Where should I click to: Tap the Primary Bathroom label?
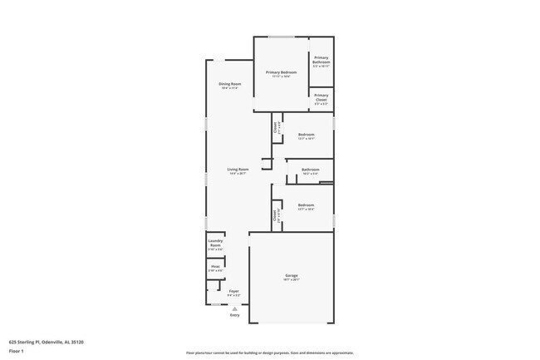pyautogui.click(x=322, y=60)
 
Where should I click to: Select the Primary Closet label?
pyautogui.click(x=322, y=96)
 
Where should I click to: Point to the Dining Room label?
pyautogui.click(x=230, y=84)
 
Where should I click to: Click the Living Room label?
pyautogui.click(x=238, y=170)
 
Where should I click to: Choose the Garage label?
pyautogui.click(x=291, y=275)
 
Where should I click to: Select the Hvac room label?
pyautogui.click(x=215, y=266)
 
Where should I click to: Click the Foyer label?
pyautogui.click(x=234, y=291)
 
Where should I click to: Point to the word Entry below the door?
pyautogui.click(x=234, y=315)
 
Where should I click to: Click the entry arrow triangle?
pyautogui.click(x=234, y=308)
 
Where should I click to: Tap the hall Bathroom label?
pyautogui.click(x=310, y=170)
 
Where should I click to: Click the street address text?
pyautogui.click(x=46, y=341)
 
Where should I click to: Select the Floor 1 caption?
pyautogui.click(x=16, y=351)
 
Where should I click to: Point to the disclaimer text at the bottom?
pyautogui.click(x=269, y=353)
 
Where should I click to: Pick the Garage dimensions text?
pyautogui.click(x=291, y=279)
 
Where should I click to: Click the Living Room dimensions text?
pyautogui.click(x=238, y=174)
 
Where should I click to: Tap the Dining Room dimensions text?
pyautogui.click(x=230, y=88)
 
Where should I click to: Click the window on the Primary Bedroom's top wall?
pyautogui.click(x=281, y=37)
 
